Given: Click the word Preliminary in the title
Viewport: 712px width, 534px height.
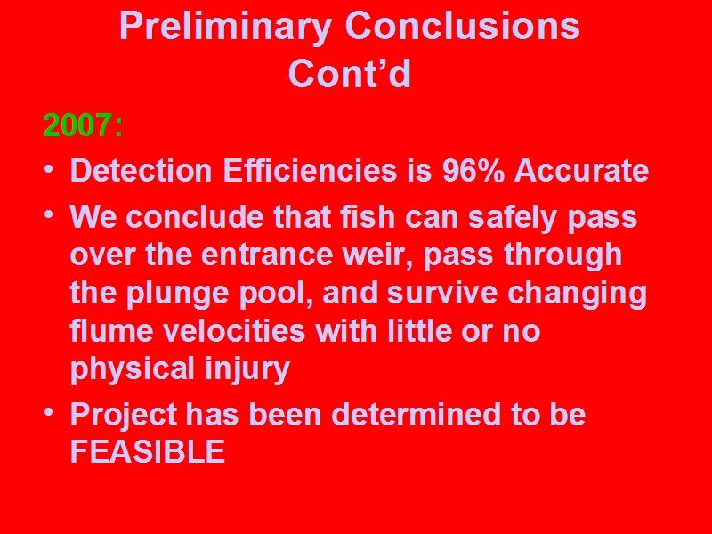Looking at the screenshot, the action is coord(225,28).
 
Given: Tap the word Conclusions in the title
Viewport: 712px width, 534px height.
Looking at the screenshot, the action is coord(462,26).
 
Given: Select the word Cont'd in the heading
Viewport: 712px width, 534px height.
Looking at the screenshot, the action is coord(350,73).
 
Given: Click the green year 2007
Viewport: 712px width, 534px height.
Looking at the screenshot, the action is coord(77,125).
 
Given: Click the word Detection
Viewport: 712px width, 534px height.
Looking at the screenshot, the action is coord(142,170).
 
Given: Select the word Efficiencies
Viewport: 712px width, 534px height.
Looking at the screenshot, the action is coord(310,170).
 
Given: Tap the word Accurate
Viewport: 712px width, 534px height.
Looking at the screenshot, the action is coord(581,170).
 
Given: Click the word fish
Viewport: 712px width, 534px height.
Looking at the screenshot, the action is coord(368,216).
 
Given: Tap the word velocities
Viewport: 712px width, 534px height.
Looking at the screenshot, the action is coord(234,330).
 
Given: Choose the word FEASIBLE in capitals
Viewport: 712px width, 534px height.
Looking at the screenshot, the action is coord(148,451).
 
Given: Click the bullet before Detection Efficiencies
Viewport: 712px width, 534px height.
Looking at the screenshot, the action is coord(49,170).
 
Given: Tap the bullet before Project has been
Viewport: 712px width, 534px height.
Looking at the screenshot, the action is coord(49,412).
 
